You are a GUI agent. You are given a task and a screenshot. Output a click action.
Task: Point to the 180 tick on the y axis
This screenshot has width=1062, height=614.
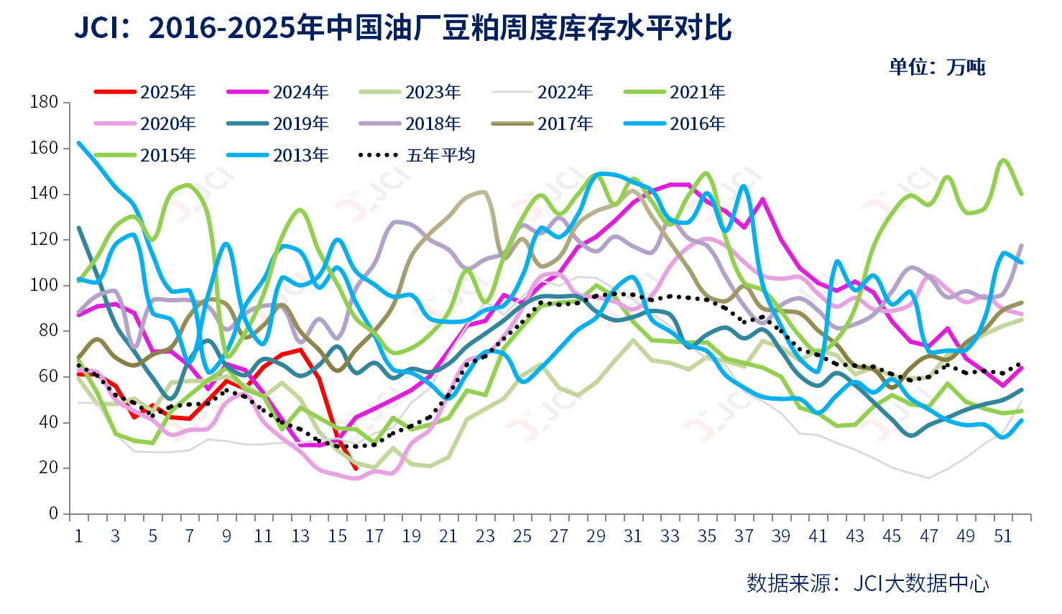(x=45, y=103)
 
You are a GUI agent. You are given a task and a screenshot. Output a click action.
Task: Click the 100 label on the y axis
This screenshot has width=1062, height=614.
(x=45, y=285)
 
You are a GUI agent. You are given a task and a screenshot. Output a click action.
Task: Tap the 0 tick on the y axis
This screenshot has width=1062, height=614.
(x=54, y=513)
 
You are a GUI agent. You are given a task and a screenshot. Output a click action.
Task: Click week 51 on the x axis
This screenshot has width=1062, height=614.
(x=1002, y=536)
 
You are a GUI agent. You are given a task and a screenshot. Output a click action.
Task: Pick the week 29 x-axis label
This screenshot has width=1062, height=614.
(x=596, y=536)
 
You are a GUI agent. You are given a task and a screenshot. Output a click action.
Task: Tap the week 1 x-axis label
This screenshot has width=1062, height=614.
(x=78, y=536)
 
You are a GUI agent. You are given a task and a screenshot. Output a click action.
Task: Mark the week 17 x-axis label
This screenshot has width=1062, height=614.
(x=374, y=536)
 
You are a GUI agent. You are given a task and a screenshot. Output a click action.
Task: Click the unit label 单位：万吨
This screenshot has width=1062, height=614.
(x=936, y=68)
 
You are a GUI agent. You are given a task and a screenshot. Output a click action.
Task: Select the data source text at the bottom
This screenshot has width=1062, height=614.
(x=867, y=582)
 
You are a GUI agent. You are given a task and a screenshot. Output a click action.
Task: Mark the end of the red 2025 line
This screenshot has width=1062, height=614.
(x=355, y=469)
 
